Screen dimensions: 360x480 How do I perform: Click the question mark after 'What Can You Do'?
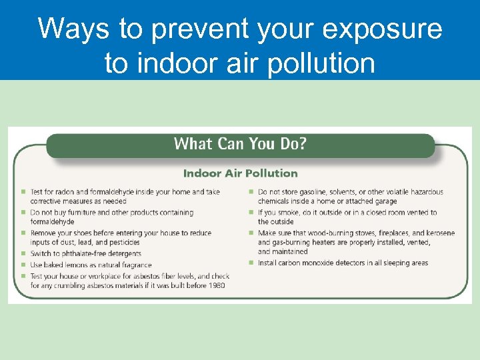[302, 144]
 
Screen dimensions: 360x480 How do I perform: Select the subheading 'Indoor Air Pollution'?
[240, 173]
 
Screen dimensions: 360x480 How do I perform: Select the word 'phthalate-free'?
[82, 253]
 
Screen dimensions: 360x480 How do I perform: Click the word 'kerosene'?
[439, 233]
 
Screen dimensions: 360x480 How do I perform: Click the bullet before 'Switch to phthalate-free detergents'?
[23, 254]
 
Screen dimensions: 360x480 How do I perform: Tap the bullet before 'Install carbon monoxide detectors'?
[251, 263]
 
